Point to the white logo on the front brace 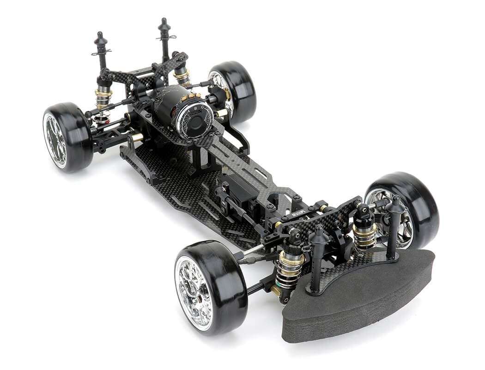coord(298,214)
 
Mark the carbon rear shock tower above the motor coord(148,74)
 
